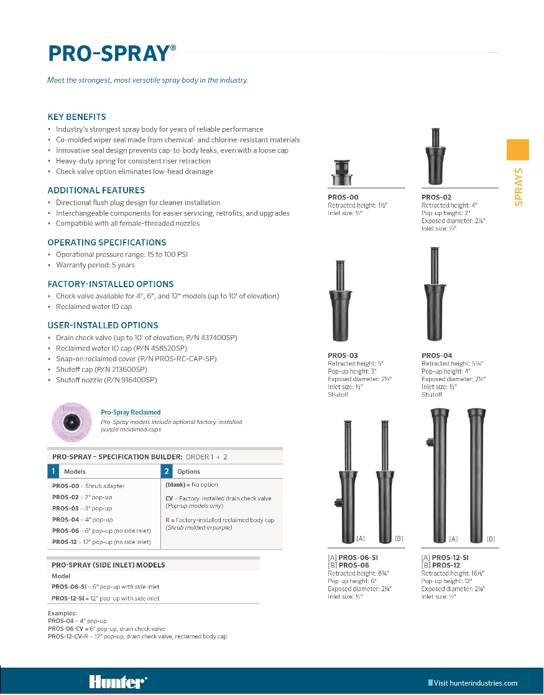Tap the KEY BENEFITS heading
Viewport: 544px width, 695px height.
coord(77,117)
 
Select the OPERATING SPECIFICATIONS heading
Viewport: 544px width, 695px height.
coord(107,242)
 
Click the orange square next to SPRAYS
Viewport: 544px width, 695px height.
coord(518,150)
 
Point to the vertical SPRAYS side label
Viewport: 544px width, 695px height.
coord(519,186)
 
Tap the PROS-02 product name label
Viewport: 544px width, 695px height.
coord(436,197)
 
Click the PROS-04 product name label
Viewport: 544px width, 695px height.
coord(436,356)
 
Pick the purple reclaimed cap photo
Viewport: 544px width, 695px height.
coord(71,421)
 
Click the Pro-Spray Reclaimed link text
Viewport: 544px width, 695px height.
coord(131,412)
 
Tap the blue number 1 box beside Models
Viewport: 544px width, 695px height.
coord(54,471)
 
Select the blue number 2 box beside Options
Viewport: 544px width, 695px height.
coord(166,471)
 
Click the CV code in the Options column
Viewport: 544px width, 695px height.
coord(168,498)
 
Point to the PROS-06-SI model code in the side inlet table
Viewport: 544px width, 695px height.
coord(67,587)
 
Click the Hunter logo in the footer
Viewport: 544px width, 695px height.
coord(118,682)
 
